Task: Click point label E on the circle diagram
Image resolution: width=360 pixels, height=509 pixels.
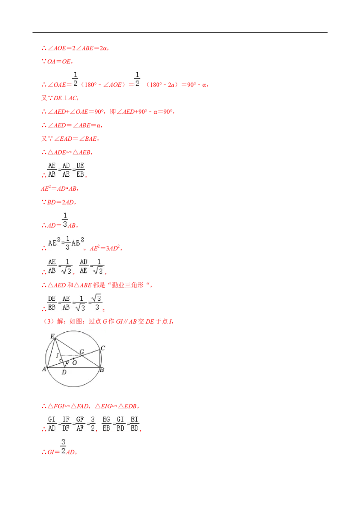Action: coord(52,336)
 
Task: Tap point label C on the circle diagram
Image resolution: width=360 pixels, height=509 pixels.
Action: coord(103,348)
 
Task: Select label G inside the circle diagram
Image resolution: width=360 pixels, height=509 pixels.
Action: coord(82,352)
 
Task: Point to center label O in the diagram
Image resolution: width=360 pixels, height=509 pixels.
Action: coord(75,362)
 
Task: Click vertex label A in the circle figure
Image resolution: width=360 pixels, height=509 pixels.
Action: coord(44,369)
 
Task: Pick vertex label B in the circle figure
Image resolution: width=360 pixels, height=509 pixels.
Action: coord(102,370)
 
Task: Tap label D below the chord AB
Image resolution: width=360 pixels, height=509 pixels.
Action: coord(64,372)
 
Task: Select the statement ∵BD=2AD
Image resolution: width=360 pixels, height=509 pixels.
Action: coord(58,202)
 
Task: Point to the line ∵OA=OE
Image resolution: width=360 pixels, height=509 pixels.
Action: coord(57,61)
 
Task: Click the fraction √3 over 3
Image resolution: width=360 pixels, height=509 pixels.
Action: coord(96,303)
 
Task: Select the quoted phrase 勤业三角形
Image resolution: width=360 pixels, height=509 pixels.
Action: coord(128,285)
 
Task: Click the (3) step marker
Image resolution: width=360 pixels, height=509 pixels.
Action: coord(49,321)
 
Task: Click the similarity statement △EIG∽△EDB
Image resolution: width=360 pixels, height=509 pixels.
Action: coord(116,406)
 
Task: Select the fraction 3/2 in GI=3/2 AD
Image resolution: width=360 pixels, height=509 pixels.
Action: coord(63,446)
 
